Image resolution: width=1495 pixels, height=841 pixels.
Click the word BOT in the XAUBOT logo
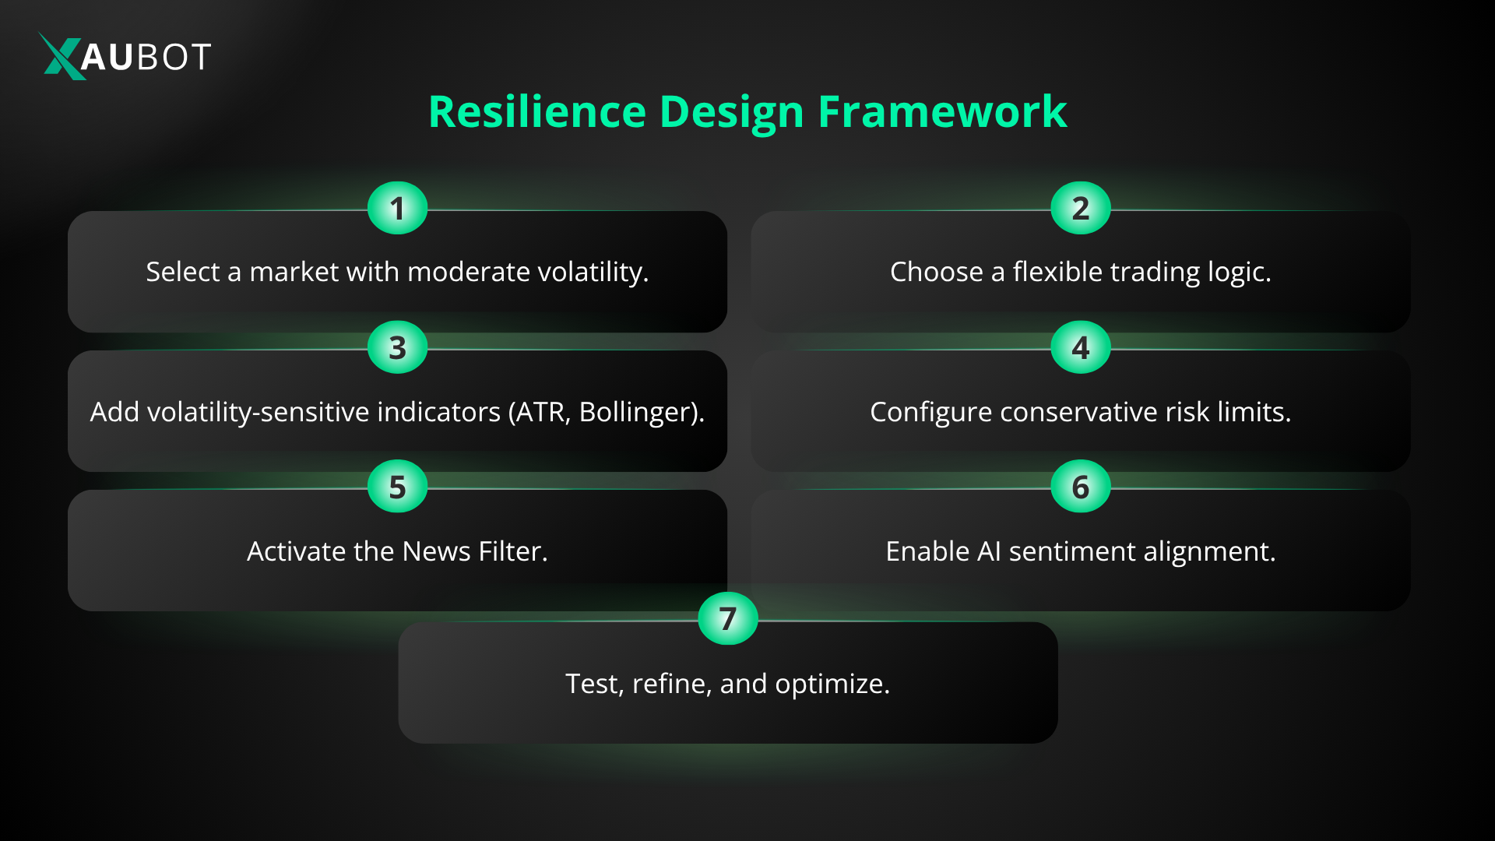point(173,57)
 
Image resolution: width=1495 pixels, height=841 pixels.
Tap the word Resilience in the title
point(536,111)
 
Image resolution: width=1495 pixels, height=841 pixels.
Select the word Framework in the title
point(941,111)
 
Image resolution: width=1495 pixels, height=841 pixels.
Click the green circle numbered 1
point(397,208)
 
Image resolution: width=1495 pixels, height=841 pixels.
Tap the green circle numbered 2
point(1080,208)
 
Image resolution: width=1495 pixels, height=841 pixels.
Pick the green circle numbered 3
point(397,347)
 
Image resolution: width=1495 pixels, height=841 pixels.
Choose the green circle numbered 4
point(1080,347)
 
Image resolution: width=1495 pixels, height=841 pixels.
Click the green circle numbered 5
point(397,487)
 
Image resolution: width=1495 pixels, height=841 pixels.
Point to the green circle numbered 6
point(1080,487)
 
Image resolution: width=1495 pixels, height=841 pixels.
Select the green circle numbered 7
point(727,618)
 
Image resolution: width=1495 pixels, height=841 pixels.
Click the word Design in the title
point(731,111)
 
